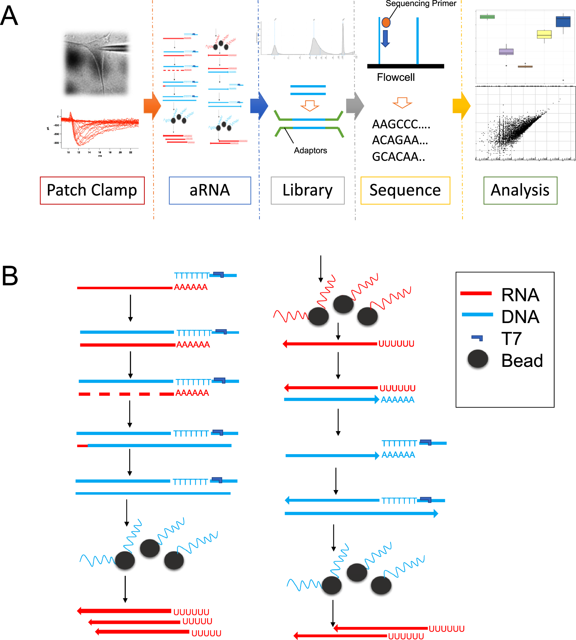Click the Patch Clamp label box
(92, 190)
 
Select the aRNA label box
(210, 190)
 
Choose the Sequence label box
(405, 190)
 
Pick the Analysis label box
(520, 190)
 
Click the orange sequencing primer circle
(386, 23)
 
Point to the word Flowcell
(396, 77)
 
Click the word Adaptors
(310, 150)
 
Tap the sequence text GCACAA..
(398, 157)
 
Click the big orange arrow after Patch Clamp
(152, 106)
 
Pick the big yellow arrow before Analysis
(461, 106)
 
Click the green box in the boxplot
(487, 17)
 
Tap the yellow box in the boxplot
(544, 34)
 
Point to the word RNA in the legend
(520, 295)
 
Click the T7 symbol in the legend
(477, 338)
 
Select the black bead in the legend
(477, 359)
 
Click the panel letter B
(10, 276)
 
